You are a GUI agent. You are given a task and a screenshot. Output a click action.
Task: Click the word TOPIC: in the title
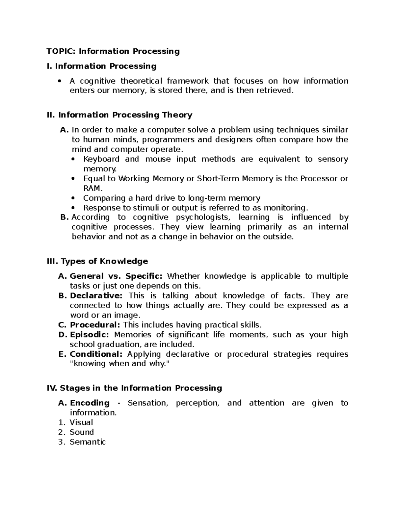(x=61, y=51)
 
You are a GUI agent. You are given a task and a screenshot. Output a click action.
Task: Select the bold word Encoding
(x=90, y=403)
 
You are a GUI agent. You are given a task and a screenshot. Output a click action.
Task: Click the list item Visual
(x=81, y=422)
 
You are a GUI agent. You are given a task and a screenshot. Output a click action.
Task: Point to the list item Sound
(x=82, y=432)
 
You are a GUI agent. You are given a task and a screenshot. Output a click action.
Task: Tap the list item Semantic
(x=88, y=442)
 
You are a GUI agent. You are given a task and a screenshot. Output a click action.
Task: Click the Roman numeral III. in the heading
(x=53, y=261)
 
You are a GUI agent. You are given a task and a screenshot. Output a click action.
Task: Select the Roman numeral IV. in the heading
(x=52, y=388)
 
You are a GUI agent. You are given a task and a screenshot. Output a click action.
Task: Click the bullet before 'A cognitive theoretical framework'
(x=60, y=81)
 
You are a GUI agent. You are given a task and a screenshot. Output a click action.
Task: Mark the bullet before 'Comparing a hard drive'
(x=73, y=198)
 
